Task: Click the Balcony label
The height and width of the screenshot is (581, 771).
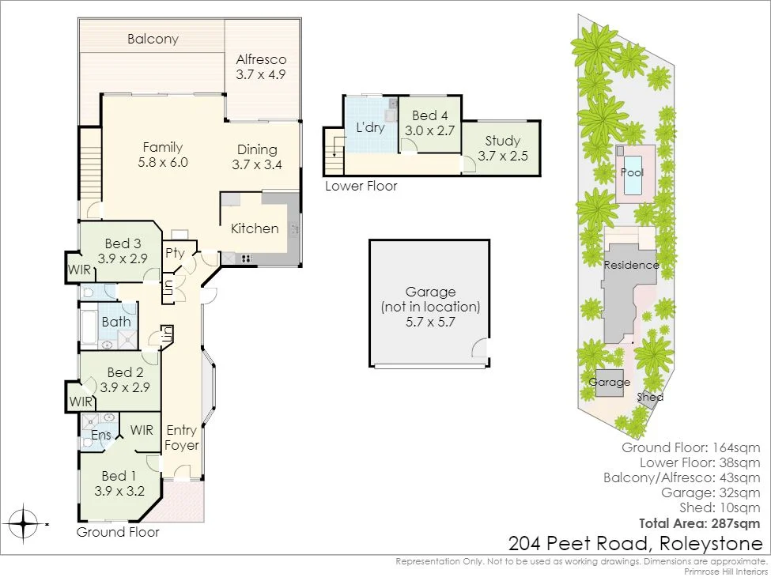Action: coord(153,39)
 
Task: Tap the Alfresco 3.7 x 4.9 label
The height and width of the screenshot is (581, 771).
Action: coord(261,66)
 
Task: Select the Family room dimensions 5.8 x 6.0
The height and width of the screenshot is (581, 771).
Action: coord(162,163)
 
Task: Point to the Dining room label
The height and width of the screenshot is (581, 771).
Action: coord(257,149)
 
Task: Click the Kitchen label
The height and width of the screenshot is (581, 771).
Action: coord(255,228)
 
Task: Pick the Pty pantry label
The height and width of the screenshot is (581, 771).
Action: coord(175,254)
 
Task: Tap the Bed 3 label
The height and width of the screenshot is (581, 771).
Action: coord(122,243)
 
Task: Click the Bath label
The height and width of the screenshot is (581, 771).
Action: coord(116,322)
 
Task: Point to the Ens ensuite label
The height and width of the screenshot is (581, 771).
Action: coord(101,435)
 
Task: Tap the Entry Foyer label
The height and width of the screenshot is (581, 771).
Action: coord(182,437)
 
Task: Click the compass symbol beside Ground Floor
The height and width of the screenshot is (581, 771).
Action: coord(25,523)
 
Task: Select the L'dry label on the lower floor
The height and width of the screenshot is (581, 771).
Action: coord(369,127)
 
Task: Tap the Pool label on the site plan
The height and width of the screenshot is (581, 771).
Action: coord(632,172)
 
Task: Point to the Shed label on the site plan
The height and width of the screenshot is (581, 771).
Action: coord(651,398)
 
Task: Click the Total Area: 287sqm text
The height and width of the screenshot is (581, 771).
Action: coord(699,523)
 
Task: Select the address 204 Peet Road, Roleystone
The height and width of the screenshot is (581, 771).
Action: coord(636,544)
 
